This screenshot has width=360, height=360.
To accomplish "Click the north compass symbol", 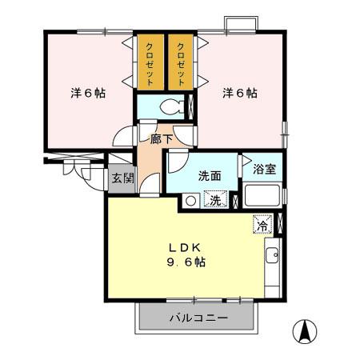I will (x=304, y=330).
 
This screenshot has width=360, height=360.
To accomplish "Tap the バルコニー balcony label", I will (x=198, y=318).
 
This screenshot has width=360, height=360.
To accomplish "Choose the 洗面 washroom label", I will (x=210, y=176).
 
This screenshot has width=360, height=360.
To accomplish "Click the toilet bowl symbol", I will (x=170, y=106).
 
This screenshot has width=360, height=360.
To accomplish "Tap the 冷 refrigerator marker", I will (x=261, y=225).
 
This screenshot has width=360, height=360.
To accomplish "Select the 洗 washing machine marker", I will (x=215, y=202).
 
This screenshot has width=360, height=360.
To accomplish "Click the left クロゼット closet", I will (x=150, y=63).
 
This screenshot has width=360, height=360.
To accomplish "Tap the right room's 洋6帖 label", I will (x=239, y=93).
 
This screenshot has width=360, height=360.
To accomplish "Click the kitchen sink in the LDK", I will (x=270, y=257).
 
